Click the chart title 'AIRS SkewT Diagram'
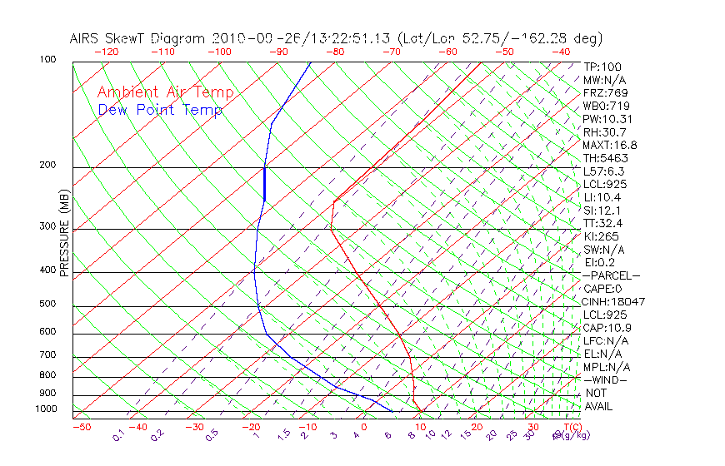coord(138,39)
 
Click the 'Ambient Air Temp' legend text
coord(165,92)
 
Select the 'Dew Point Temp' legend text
coord(160,110)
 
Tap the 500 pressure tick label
coord(47,305)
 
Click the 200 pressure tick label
coord(47,166)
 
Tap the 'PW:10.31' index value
coord(607,119)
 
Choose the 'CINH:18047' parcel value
coord(614,301)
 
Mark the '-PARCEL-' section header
coord(611,275)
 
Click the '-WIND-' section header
coord(605,379)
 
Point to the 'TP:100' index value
coord(602,67)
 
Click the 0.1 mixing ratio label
coord(118,436)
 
